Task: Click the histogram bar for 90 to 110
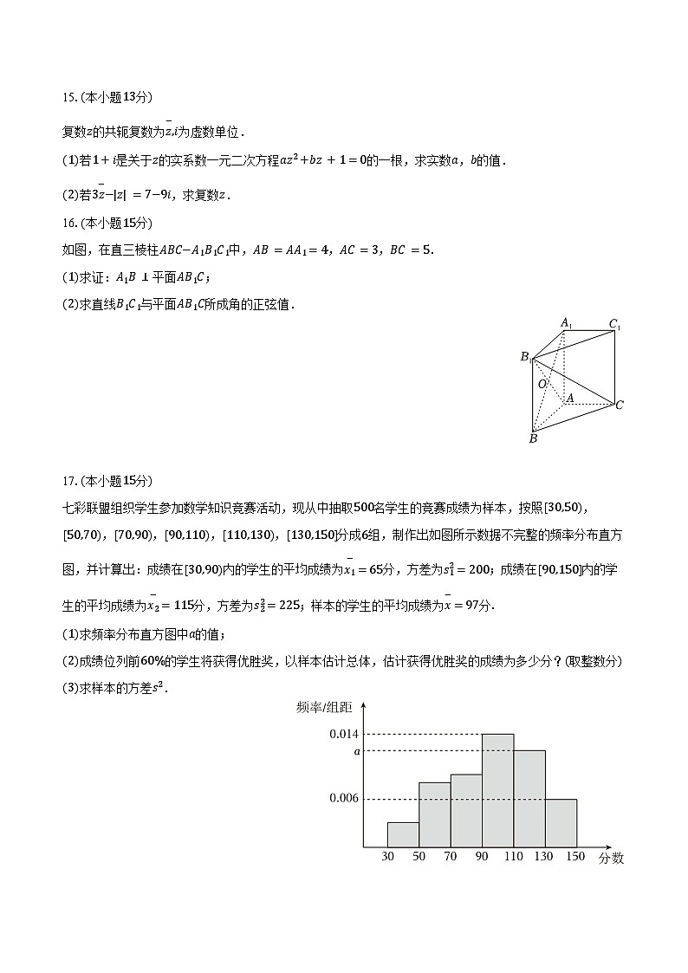pos(497,790)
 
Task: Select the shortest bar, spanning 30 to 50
pos(403,834)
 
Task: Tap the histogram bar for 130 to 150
pos(561,822)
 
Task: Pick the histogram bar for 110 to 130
pos(529,798)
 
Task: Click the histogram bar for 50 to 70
pos(434,814)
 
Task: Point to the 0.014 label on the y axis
pos(343,734)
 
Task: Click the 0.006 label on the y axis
pos(343,798)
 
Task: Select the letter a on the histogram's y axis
pos(356,751)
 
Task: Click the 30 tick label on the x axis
pos(387,857)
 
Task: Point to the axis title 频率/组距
pos(324,707)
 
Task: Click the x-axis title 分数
pos(610,859)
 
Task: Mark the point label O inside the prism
pos(542,384)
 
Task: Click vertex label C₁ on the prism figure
pos(614,325)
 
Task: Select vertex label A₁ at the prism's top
pos(566,323)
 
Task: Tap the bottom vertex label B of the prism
pos(533,439)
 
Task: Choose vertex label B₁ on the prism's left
pos(525,357)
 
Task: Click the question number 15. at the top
pos(69,97)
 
